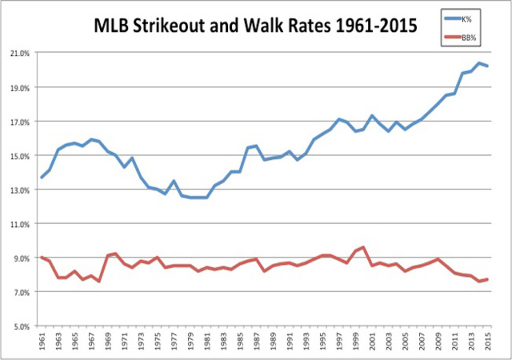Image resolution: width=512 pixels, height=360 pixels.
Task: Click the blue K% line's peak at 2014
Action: (479, 63)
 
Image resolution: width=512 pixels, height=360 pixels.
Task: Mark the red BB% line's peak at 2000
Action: (363, 247)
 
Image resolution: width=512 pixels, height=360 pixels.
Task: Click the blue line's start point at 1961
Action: (41, 177)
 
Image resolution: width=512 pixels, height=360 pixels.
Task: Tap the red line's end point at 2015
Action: (487, 279)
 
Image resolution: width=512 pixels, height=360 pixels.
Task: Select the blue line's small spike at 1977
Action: (174, 181)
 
